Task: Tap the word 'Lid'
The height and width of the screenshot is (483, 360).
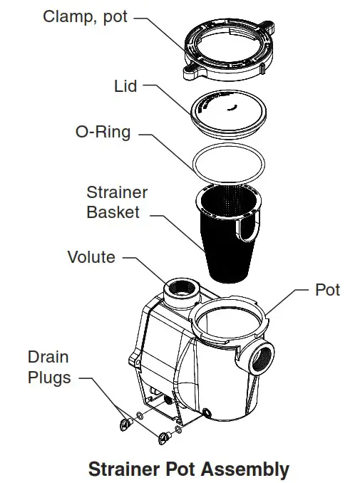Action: pos(125,86)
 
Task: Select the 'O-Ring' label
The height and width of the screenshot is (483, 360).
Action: pos(103,132)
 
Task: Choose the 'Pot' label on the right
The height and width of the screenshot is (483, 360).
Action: pos(327,289)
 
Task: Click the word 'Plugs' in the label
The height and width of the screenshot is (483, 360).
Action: pos(49,377)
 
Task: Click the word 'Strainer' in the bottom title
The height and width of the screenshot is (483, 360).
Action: pos(125,469)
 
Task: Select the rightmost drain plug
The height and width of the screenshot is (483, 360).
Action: pos(165,437)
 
